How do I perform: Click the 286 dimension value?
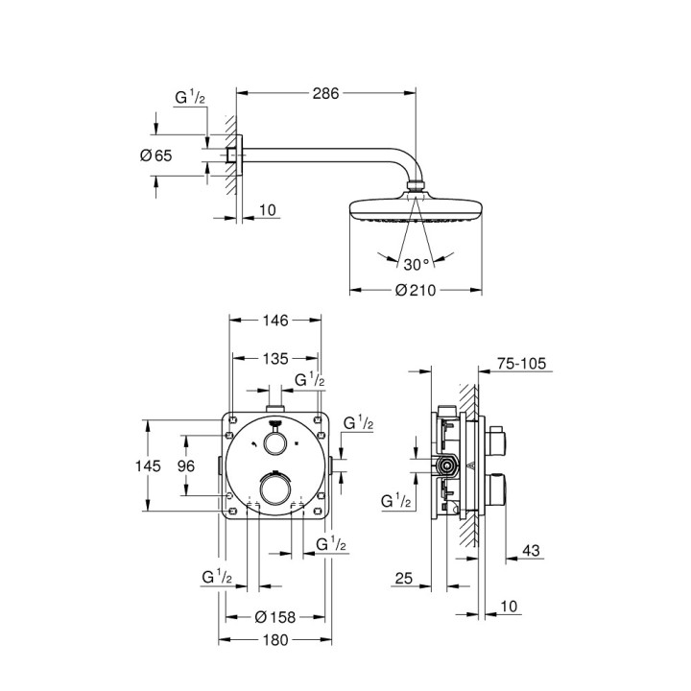coord(326,94)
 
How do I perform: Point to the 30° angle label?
coord(417,262)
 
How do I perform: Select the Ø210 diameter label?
coord(417,291)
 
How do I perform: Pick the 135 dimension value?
coord(276,358)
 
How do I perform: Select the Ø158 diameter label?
coord(274,617)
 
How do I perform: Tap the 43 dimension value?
coord(530,550)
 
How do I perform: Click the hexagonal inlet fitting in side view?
coord(446,467)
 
